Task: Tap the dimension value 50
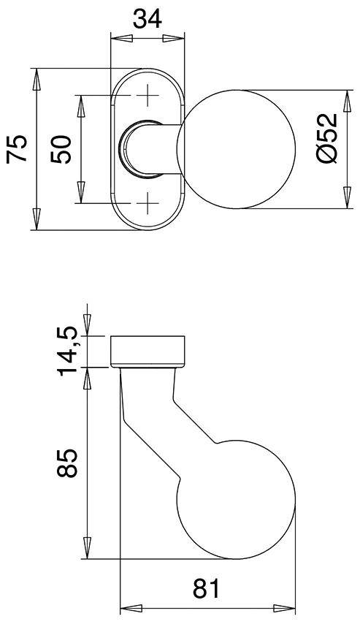click(x=63, y=148)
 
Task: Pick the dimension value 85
click(x=67, y=463)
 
